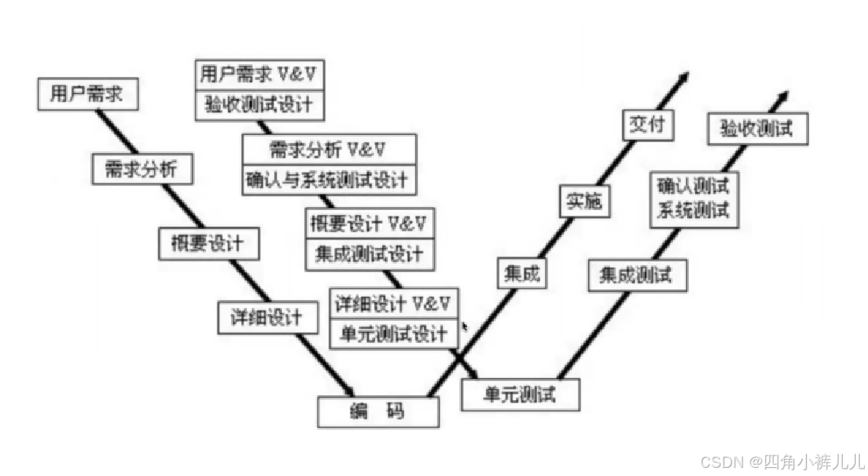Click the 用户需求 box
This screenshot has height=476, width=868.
(88, 94)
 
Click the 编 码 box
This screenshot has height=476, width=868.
(378, 412)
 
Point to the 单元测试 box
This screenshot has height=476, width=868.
(519, 395)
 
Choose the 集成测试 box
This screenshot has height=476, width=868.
(637, 275)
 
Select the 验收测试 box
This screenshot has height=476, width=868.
(757, 129)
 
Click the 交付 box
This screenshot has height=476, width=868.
(649, 124)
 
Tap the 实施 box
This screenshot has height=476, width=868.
(585, 200)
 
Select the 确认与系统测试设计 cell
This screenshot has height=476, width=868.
(329, 179)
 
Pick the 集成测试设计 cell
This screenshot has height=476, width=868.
(370, 255)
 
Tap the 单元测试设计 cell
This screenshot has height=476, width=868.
(394, 334)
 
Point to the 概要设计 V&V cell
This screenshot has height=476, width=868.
(370, 223)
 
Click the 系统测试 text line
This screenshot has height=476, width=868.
(694, 211)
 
